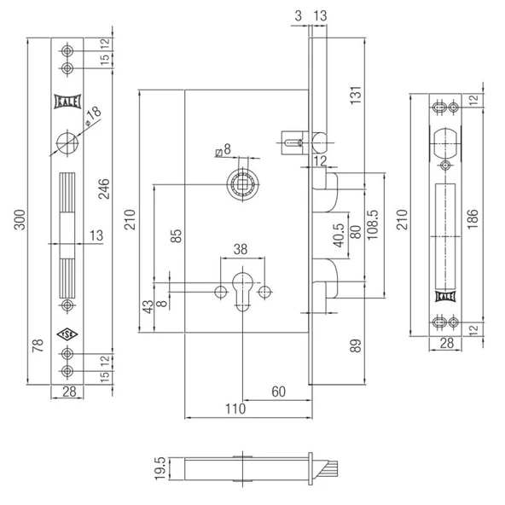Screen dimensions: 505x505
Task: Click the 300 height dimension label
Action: tap(20, 219)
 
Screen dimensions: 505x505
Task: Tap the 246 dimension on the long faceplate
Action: tap(104, 189)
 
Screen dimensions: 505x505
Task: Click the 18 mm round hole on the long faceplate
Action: tap(67, 142)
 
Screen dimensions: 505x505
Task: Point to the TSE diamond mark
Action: tap(67, 334)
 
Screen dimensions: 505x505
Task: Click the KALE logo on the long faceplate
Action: tap(67, 102)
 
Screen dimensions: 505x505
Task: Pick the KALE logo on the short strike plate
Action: tap(445, 297)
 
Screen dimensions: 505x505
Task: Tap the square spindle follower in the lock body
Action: tap(242, 184)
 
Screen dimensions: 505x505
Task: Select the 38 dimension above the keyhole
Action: tap(241, 249)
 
